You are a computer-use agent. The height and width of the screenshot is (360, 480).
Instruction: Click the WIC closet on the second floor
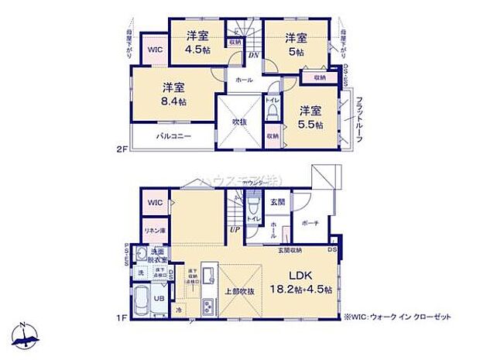pos(155,49)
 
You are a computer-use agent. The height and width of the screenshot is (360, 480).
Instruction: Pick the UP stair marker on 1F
pos(233,230)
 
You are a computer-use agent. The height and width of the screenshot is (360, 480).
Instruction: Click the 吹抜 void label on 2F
pos(238,122)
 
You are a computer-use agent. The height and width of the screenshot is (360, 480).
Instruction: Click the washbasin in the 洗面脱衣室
pos(141,255)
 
